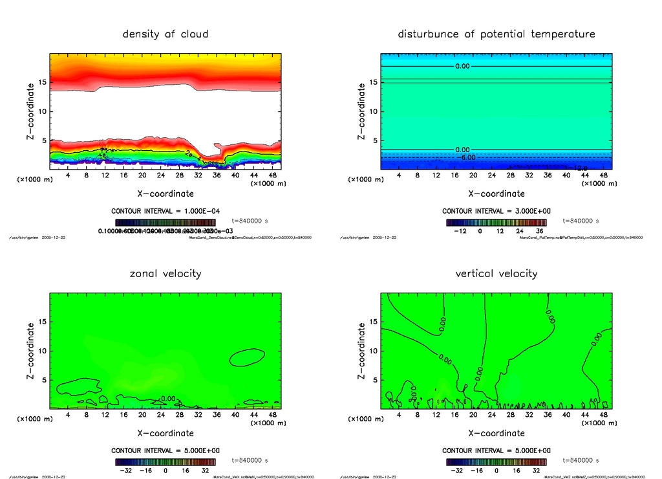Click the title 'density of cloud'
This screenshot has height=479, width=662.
[165, 34]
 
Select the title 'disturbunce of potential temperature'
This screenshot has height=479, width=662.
[496, 34]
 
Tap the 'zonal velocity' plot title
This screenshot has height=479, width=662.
[165, 273]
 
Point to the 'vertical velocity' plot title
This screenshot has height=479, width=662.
[496, 273]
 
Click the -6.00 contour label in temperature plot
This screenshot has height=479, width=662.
[466, 157]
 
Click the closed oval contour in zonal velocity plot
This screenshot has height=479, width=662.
[247, 357]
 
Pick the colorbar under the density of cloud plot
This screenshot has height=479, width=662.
[165, 221]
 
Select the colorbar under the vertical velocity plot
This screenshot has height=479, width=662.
[496, 462]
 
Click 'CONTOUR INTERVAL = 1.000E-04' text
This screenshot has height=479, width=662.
[165, 211]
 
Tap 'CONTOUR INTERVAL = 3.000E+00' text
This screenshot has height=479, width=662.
[496, 211]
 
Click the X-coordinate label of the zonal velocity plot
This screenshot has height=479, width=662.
[165, 433]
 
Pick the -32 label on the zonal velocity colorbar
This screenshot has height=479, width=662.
[126, 471]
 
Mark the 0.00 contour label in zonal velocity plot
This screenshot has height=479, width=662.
[167, 399]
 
